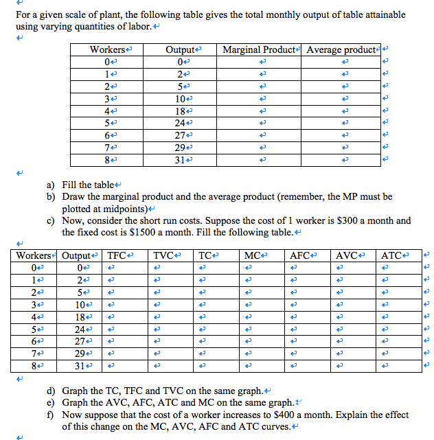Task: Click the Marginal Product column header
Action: click(x=259, y=50)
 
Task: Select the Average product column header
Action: click(x=341, y=50)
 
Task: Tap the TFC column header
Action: click(x=117, y=255)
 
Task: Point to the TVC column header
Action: click(x=163, y=255)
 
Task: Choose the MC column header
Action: click(x=252, y=255)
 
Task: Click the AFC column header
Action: click(x=299, y=255)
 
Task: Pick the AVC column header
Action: click(x=345, y=255)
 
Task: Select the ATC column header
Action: click(x=391, y=255)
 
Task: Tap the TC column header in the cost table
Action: click(x=206, y=255)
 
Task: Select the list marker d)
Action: click(x=51, y=391)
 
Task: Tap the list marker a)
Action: click(x=51, y=185)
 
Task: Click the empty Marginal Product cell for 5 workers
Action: click(x=259, y=123)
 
